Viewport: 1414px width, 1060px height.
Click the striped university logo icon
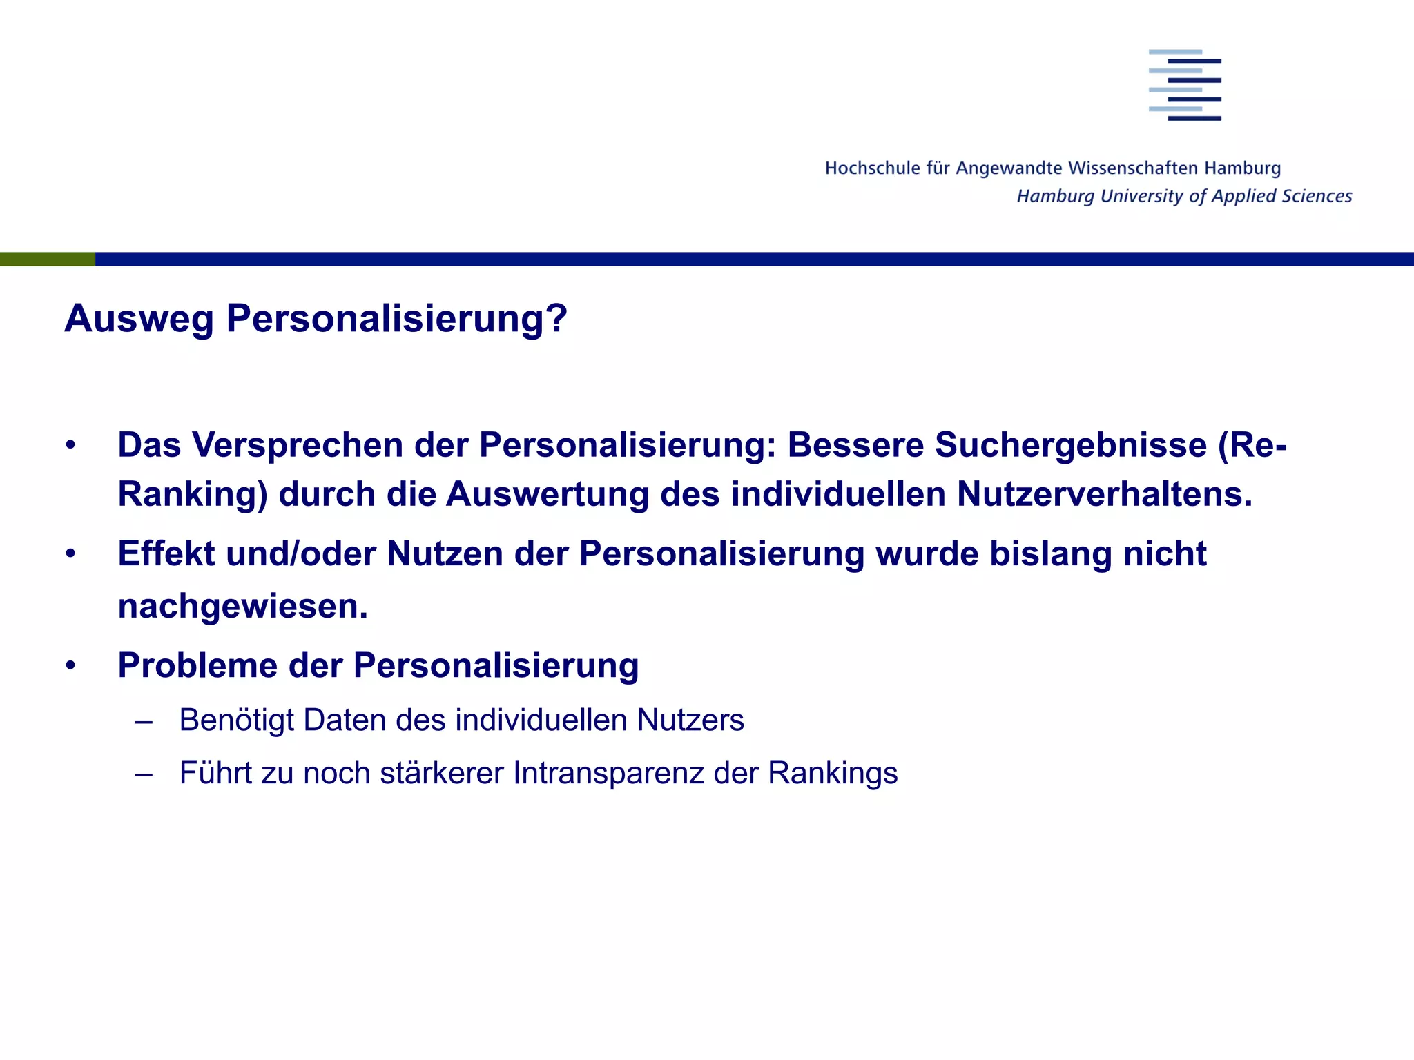pyautogui.click(x=1185, y=85)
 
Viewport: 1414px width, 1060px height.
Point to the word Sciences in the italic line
pyautogui.click(x=1317, y=196)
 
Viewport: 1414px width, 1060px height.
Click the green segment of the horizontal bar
pyautogui.click(x=47, y=259)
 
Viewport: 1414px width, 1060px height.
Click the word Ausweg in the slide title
pyautogui.click(x=139, y=319)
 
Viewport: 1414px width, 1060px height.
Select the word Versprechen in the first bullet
pyautogui.click(x=298, y=445)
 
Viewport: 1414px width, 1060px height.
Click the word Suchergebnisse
pyautogui.click(x=1070, y=445)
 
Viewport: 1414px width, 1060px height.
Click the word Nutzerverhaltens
pyautogui.click(x=1104, y=495)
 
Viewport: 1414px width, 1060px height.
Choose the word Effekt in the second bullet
pyautogui.click(x=166, y=553)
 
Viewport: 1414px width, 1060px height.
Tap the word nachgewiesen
pyautogui.click(x=242, y=607)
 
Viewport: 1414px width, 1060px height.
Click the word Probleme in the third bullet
pyautogui.click(x=197, y=666)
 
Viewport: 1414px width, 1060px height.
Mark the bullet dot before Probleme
pyautogui.click(x=70, y=666)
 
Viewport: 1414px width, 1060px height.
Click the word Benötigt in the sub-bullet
pyautogui.click(x=236, y=720)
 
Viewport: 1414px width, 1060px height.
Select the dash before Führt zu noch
pyautogui.click(x=144, y=774)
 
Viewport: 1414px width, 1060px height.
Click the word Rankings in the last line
pyautogui.click(x=833, y=774)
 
